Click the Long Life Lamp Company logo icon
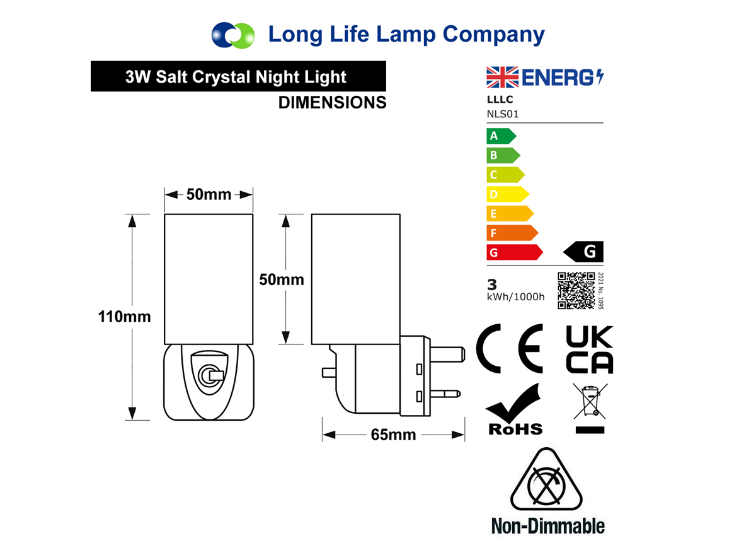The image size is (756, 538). (x=233, y=35)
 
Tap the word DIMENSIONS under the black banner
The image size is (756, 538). (x=333, y=102)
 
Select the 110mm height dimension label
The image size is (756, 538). (x=124, y=317)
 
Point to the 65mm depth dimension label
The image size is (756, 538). (x=393, y=435)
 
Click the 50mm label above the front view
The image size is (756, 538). (x=209, y=194)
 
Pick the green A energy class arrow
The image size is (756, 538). (x=501, y=136)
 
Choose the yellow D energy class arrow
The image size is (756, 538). (x=508, y=194)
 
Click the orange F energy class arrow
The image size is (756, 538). (x=512, y=233)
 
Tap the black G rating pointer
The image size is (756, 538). (x=583, y=252)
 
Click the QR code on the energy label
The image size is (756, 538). (x=576, y=291)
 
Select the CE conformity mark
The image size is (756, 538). (x=510, y=348)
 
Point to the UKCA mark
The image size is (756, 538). (x=589, y=349)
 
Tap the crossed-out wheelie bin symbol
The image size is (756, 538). (x=590, y=408)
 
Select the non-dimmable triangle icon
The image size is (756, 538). (x=546, y=479)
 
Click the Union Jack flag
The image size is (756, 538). (x=502, y=77)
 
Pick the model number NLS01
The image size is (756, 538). (x=503, y=114)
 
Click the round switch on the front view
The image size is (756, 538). (x=209, y=376)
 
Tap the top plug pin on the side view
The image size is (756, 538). (x=447, y=354)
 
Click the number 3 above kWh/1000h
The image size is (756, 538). (x=492, y=284)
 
